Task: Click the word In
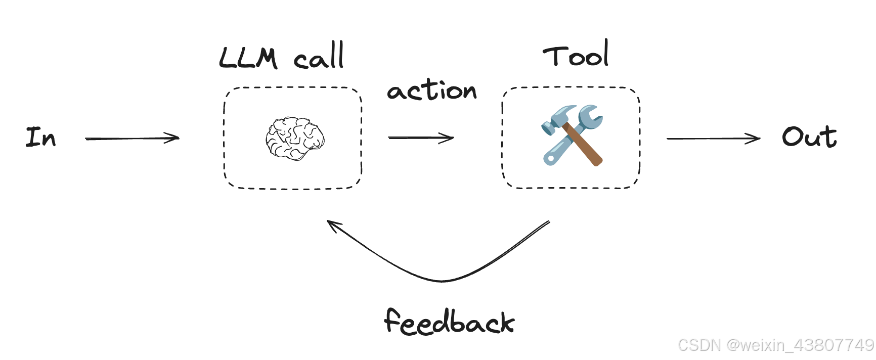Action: (x=40, y=137)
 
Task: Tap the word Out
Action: (x=809, y=137)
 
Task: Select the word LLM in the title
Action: (x=248, y=58)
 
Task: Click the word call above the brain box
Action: (x=319, y=56)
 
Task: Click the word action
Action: (x=432, y=90)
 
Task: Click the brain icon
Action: (x=295, y=139)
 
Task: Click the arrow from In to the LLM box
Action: (x=133, y=138)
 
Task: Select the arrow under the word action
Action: (x=421, y=138)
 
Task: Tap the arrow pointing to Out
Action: (x=713, y=138)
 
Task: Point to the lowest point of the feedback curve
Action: (x=442, y=281)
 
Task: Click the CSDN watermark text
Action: (x=776, y=345)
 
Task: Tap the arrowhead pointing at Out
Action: (x=754, y=138)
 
